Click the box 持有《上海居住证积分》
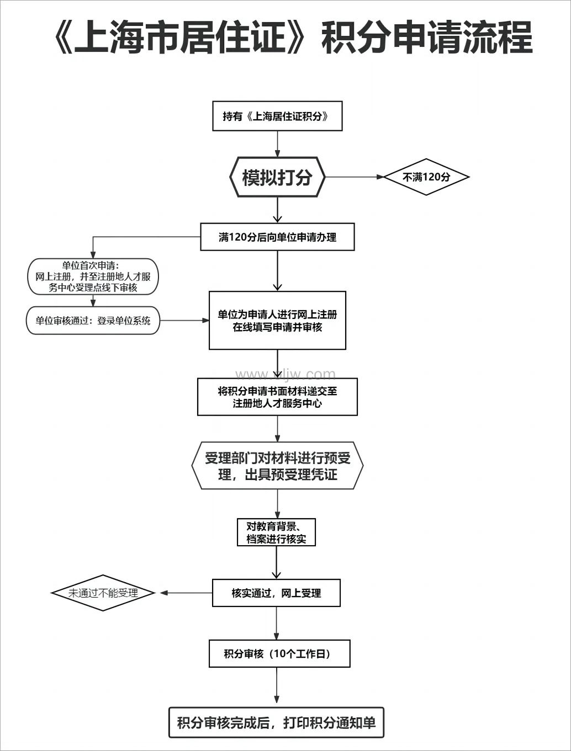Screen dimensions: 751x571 coord(277,116)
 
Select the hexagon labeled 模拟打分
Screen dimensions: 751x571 coord(277,177)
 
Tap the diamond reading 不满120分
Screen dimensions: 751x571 coord(426,177)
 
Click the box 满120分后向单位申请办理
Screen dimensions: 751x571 coord(277,237)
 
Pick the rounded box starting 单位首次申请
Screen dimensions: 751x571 coord(93,276)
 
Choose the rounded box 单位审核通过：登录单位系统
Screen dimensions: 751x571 coord(93,321)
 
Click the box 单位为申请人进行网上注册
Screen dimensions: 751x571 coord(277,321)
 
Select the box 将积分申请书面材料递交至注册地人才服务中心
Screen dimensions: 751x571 coord(277,397)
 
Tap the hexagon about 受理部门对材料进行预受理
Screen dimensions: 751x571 coord(277,466)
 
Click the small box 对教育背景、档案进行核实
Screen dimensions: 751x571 coord(276,532)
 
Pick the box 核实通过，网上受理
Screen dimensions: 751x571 coord(276,593)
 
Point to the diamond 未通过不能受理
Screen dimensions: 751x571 coord(103,593)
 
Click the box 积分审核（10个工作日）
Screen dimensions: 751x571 coord(279,654)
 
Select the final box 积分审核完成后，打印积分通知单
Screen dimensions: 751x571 coord(276,722)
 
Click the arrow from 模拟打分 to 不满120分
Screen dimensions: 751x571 coord(353,177)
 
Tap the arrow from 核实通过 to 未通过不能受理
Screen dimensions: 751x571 coord(187,593)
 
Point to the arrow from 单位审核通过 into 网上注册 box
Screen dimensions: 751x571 coord(184,321)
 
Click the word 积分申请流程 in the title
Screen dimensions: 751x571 coord(426,38)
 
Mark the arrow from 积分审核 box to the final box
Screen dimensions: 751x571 coord(277,687)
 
